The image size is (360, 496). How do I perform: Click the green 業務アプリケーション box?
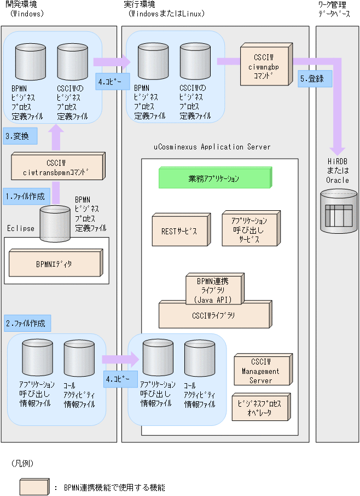pyautogui.click(x=214, y=179)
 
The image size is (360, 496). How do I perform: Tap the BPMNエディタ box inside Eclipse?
pyautogui.click(x=55, y=264)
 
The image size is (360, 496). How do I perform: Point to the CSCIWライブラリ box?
pyautogui.click(x=214, y=315)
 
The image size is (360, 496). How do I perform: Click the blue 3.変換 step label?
pyautogui.click(x=21, y=136)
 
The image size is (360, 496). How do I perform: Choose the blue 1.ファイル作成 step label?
pyautogui.click(x=26, y=195)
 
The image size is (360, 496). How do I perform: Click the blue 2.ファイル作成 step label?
pyautogui.click(x=27, y=324)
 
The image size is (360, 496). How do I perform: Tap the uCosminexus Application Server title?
pyautogui.click(x=212, y=147)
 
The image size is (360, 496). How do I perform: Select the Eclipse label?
pyautogui.click(x=21, y=227)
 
